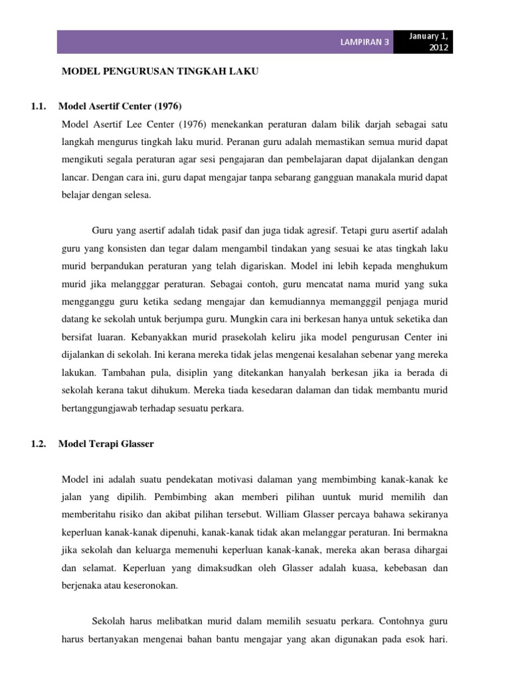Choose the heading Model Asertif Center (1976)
click(120, 106)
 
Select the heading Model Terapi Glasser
click(106, 444)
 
